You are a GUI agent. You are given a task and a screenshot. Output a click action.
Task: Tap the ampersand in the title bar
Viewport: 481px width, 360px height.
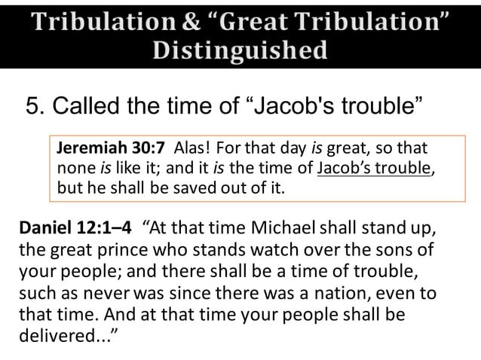(x=192, y=19)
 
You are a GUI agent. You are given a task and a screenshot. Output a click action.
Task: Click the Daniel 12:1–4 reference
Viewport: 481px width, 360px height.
(x=74, y=228)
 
